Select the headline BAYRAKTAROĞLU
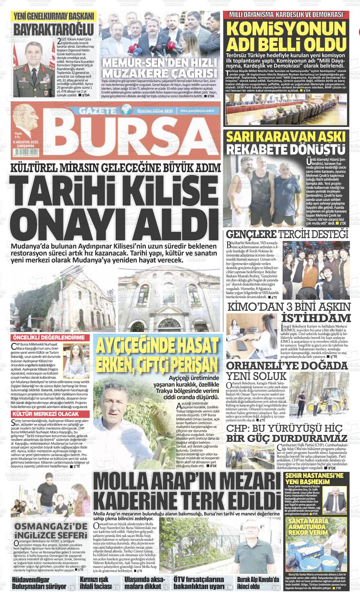[54, 29]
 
